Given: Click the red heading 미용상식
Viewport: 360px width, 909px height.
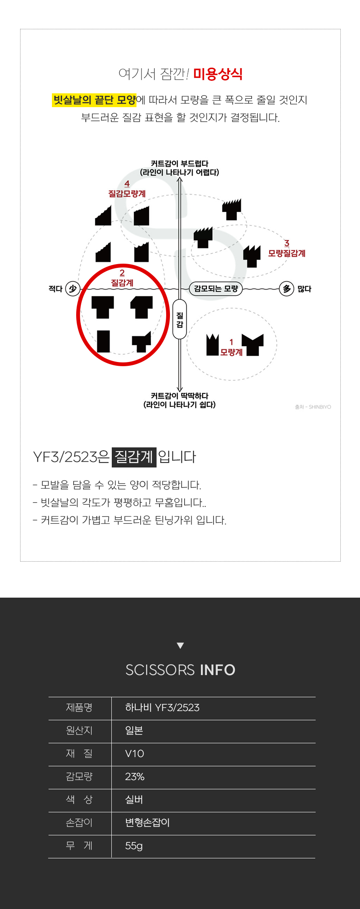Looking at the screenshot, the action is point(218,74).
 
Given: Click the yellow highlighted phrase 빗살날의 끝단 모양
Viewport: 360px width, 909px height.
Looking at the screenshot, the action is point(94,100).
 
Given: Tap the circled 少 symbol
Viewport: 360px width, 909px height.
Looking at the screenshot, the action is point(73,288).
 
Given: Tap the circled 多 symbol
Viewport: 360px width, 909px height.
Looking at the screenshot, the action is point(287,288).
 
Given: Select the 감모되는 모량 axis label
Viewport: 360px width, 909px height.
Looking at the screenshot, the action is point(216,288).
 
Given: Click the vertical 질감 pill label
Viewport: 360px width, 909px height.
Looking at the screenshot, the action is point(180,319).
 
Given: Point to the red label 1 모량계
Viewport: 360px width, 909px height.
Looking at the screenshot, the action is point(231,348).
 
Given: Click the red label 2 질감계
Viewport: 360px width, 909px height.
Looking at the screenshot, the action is point(122,278).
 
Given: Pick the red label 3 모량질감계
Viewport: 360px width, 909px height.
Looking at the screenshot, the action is point(287,249).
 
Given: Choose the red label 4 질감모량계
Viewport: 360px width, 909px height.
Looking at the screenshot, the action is point(127,189).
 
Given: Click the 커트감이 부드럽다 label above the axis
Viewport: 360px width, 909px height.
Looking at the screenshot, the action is point(180,168).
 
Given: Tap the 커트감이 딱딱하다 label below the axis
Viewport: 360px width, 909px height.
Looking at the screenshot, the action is point(180,400).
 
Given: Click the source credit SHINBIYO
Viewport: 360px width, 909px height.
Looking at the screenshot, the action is point(313,407).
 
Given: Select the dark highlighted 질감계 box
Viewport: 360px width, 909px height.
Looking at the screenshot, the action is point(134,457).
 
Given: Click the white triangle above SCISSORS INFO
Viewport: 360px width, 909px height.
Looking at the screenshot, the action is point(180,645).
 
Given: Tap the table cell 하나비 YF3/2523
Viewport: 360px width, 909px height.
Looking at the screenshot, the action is point(162,708).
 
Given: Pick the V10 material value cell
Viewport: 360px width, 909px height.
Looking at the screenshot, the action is point(135,754).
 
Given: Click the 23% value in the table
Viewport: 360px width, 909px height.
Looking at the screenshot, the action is point(135,777).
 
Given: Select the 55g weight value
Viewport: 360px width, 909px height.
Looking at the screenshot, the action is point(134,846).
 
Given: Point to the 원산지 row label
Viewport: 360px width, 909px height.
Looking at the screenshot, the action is point(79,731).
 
